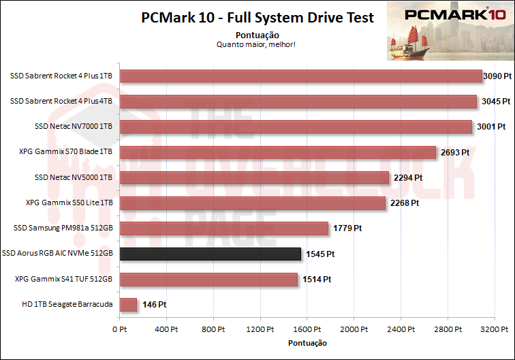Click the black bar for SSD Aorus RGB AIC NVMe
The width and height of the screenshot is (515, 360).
[210, 254]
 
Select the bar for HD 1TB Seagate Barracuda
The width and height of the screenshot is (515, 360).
[128, 305]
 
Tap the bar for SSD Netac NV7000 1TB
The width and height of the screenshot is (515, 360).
[296, 127]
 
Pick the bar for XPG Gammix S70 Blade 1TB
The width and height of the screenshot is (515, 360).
[278, 152]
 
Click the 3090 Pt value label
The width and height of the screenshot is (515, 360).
[497, 76]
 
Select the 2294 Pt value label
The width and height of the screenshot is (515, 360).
[408, 178]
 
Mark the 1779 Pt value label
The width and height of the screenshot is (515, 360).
[347, 228]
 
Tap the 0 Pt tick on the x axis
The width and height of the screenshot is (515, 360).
[120, 329]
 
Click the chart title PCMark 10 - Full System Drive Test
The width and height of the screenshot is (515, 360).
[257, 18]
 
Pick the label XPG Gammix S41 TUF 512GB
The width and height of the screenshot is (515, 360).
[63, 279]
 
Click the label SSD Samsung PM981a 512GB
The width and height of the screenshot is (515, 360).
[63, 228]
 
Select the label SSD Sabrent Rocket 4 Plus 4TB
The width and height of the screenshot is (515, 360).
[61, 102]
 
